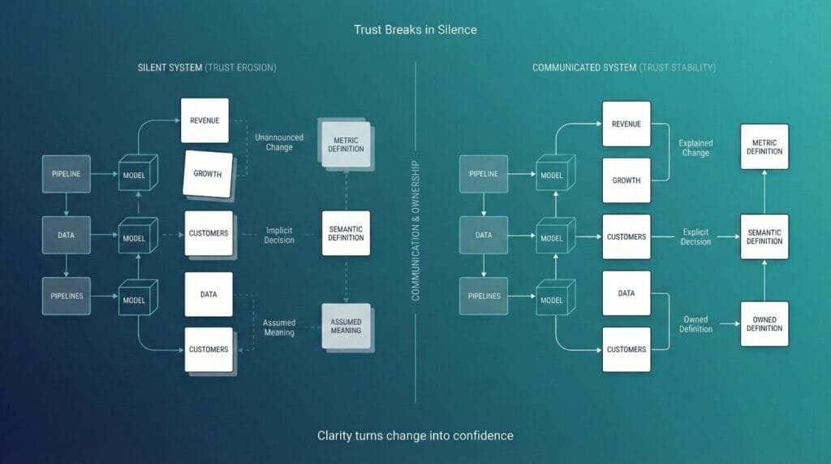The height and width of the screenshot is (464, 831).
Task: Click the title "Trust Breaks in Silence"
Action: tap(415, 29)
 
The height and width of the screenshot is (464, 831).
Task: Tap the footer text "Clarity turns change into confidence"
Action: tap(415, 436)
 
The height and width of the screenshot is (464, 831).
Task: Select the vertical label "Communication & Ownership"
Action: tap(415, 232)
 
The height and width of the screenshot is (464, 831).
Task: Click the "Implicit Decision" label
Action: tap(279, 235)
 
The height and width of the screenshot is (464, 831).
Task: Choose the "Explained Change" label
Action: tap(695, 148)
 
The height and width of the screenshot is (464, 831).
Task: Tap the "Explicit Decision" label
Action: tap(696, 236)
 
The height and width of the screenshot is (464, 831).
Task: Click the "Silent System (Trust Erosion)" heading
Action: tap(207, 67)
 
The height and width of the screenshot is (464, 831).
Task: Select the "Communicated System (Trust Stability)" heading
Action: tap(623, 67)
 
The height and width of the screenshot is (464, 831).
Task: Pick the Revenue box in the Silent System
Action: tap(205, 120)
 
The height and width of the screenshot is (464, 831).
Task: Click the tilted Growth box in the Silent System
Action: tap(208, 174)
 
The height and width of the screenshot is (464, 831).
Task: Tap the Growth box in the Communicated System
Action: tap(626, 180)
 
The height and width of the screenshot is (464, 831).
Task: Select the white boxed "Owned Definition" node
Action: tap(764, 323)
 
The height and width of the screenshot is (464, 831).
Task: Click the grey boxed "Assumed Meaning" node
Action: tap(346, 326)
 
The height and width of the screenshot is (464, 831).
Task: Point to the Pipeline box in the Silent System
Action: tap(67, 174)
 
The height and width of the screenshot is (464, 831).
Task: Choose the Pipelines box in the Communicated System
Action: tap(484, 297)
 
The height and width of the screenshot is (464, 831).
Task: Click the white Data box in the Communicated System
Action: tap(626, 293)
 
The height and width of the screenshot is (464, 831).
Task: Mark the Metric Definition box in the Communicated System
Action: tap(764, 146)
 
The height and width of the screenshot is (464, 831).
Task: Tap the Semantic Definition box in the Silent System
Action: tap(346, 233)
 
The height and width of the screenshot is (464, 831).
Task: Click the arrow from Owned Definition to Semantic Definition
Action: tap(764, 280)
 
